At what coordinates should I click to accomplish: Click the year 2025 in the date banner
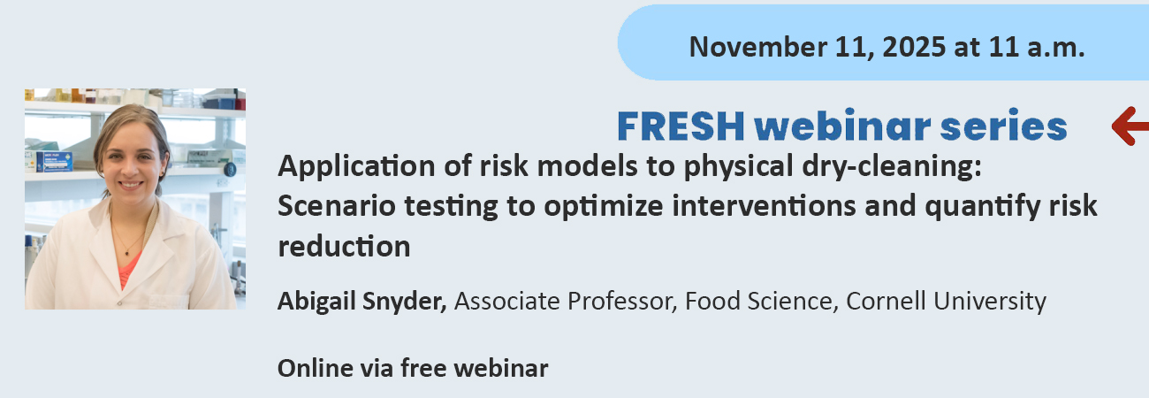pyautogui.click(x=914, y=47)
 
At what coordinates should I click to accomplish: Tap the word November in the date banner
pyautogui.click(x=758, y=47)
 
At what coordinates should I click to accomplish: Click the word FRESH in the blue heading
pyautogui.click(x=681, y=126)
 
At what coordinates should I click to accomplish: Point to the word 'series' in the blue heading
pyautogui.click(x=1004, y=126)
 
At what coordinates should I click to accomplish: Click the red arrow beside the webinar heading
pyautogui.click(x=1130, y=126)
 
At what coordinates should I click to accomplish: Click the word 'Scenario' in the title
pyautogui.click(x=337, y=206)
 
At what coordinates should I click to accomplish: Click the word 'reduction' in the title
pyautogui.click(x=344, y=247)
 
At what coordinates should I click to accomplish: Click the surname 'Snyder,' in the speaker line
pyautogui.click(x=405, y=302)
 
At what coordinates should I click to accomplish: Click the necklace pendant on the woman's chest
pyautogui.click(x=127, y=252)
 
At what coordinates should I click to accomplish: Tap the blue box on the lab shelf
pyautogui.click(x=55, y=161)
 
